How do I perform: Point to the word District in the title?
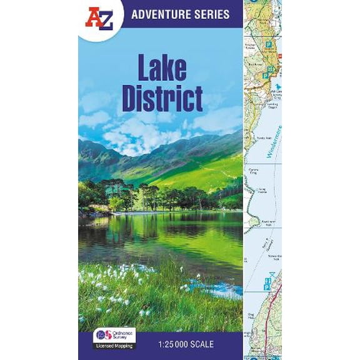point(161,98)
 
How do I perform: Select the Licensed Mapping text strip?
point(114,346)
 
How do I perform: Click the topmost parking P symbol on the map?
point(269,44)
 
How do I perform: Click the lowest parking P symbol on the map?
point(267,285)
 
